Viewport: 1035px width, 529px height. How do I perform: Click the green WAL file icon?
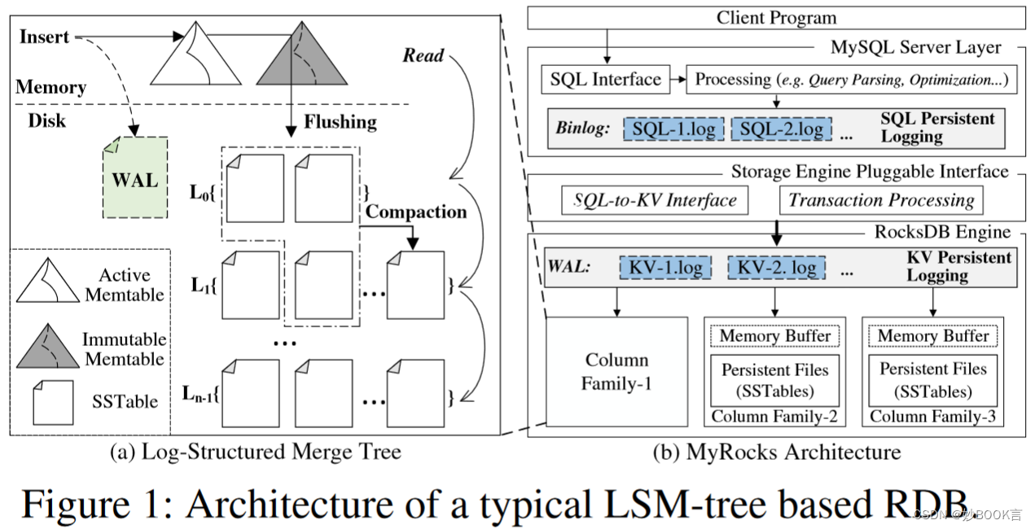[x=135, y=177]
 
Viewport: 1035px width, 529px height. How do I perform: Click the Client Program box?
[x=776, y=17]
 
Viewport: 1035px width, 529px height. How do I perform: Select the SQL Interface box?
[x=606, y=80]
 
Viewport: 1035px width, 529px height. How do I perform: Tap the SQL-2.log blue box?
[x=781, y=129]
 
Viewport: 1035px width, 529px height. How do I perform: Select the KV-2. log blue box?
[x=775, y=267]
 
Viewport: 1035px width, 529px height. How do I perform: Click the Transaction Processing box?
[x=881, y=200]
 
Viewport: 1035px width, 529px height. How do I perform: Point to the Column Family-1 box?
[x=616, y=371]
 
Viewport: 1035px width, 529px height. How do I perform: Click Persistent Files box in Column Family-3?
[x=932, y=379]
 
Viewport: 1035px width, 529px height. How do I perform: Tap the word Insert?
[x=44, y=37]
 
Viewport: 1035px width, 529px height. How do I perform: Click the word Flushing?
[x=340, y=123]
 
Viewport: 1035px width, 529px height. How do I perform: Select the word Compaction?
[x=416, y=212]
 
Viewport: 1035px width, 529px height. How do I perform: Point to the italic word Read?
[x=423, y=55]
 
